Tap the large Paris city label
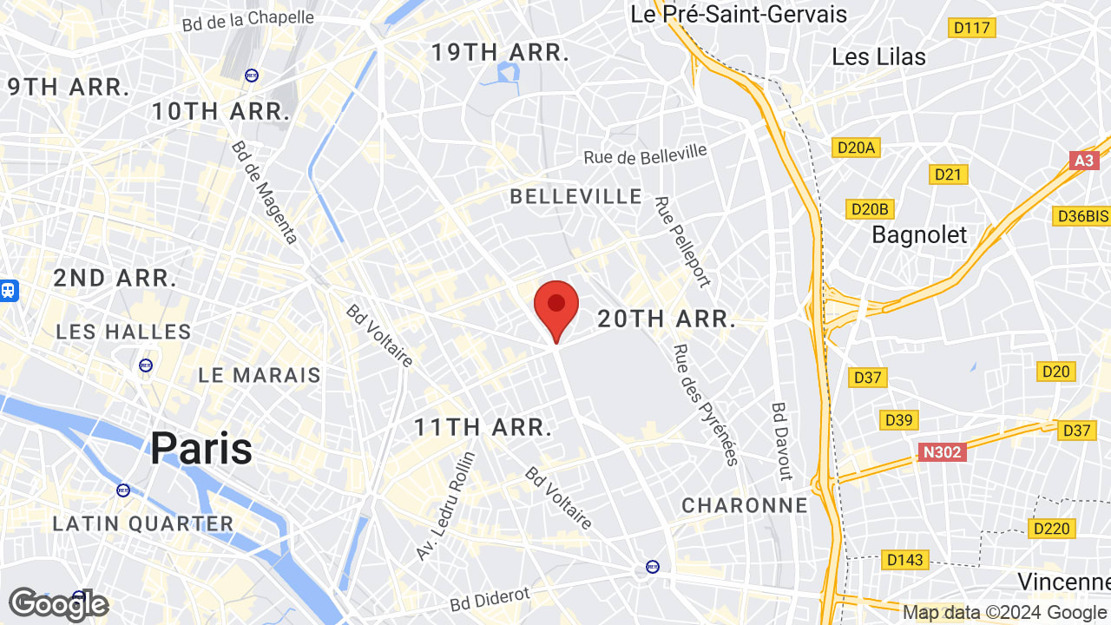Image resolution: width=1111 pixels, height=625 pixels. pos(201,449)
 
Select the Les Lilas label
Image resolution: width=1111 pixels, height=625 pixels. pos(878,56)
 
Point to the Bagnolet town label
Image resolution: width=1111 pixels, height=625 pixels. pos(919,234)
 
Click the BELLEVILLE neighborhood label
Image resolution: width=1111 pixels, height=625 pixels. pos(576,197)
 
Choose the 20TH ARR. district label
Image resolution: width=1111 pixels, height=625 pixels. pos(667,319)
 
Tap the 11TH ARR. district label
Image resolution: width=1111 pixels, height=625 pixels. pos(483,427)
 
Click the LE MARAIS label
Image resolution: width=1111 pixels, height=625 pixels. pos(260,375)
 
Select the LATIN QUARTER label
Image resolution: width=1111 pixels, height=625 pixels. pos(143,523)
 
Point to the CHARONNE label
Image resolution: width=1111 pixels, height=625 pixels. pos(745,505)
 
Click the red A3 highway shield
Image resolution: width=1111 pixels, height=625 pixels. pos(1084,161)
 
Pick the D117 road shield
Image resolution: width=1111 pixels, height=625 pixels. pos(972,28)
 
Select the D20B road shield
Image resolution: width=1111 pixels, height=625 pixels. pos(870,209)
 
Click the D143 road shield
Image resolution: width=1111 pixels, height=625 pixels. pos(904,560)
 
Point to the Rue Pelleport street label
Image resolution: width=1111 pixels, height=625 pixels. pos(682,242)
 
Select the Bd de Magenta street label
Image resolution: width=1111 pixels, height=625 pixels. pos(265,192)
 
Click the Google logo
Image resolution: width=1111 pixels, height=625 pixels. pos(58,604)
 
